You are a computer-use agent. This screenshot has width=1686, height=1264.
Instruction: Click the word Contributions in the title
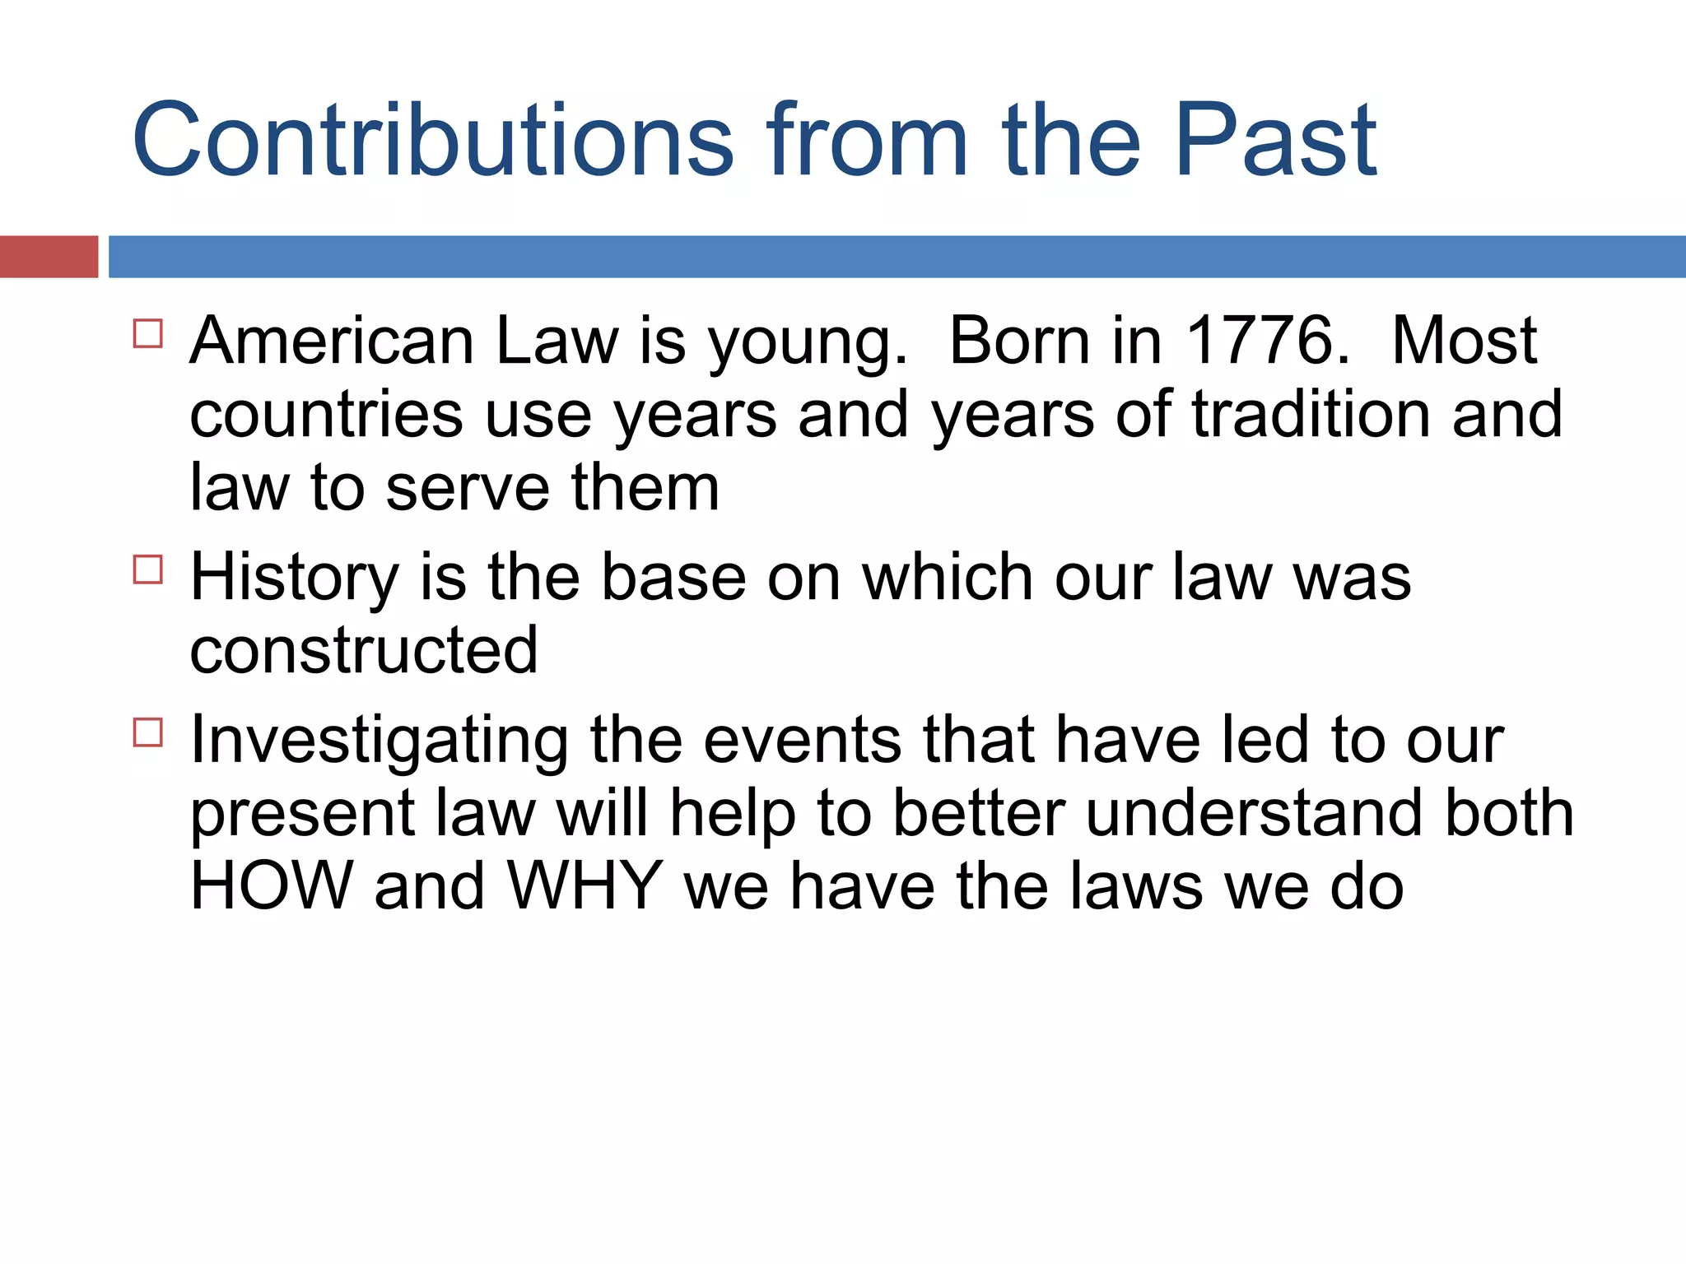click(432, 140)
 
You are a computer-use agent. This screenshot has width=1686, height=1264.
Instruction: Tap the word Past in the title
click(1275, 140)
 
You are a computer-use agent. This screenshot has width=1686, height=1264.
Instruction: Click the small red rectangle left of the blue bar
click(49, 257)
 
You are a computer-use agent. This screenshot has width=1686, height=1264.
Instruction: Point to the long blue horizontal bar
click(897, 257)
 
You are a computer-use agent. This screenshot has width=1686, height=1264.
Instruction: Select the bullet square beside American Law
click(148, 334)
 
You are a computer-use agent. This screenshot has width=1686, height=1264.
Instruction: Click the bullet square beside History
click(148, 569)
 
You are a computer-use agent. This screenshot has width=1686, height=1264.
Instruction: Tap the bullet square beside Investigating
click(148, 732)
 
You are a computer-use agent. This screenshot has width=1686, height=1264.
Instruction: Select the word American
click(332, 341)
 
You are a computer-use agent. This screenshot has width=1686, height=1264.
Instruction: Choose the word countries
click(326, 416)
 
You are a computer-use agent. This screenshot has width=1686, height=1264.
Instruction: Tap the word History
click(295, 579)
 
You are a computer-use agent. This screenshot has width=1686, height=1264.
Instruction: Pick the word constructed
click(364, 651)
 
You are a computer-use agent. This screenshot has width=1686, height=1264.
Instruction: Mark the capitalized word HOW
click(272, 886)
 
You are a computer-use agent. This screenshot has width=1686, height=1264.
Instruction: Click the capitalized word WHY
click(585, 886)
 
